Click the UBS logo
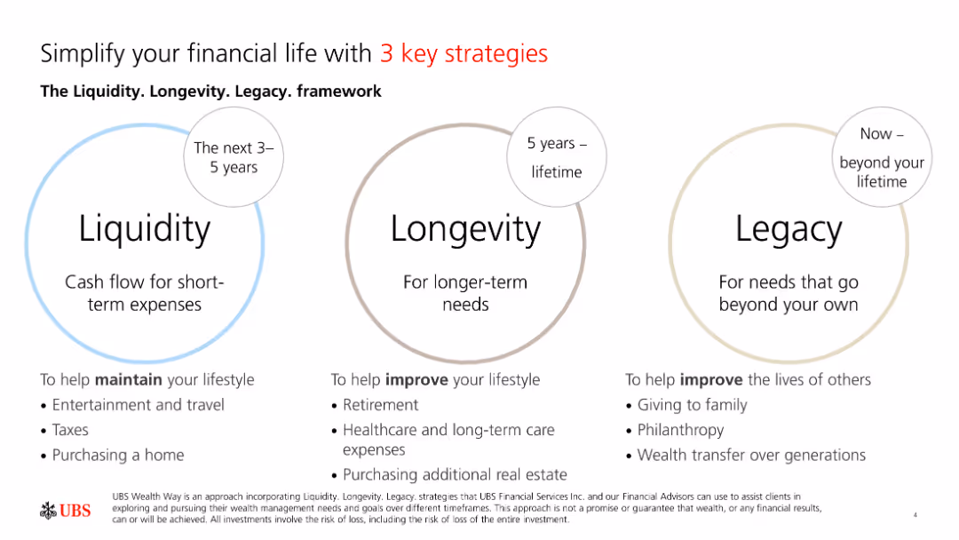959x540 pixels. (66, 511)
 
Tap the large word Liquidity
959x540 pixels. (145, 230)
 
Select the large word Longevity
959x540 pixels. (465, 230)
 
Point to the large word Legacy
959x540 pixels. (789, 230)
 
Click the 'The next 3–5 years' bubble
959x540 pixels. (234, 157)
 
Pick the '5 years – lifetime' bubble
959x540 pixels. (557, 157)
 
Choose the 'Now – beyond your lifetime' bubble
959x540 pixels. (882, 157)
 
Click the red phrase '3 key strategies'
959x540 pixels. (464, 54)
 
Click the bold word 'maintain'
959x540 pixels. (129, 380)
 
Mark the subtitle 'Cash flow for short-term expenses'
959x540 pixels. (145, 293)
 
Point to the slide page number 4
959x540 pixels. (915, 515)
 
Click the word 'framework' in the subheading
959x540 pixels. (339, 91)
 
